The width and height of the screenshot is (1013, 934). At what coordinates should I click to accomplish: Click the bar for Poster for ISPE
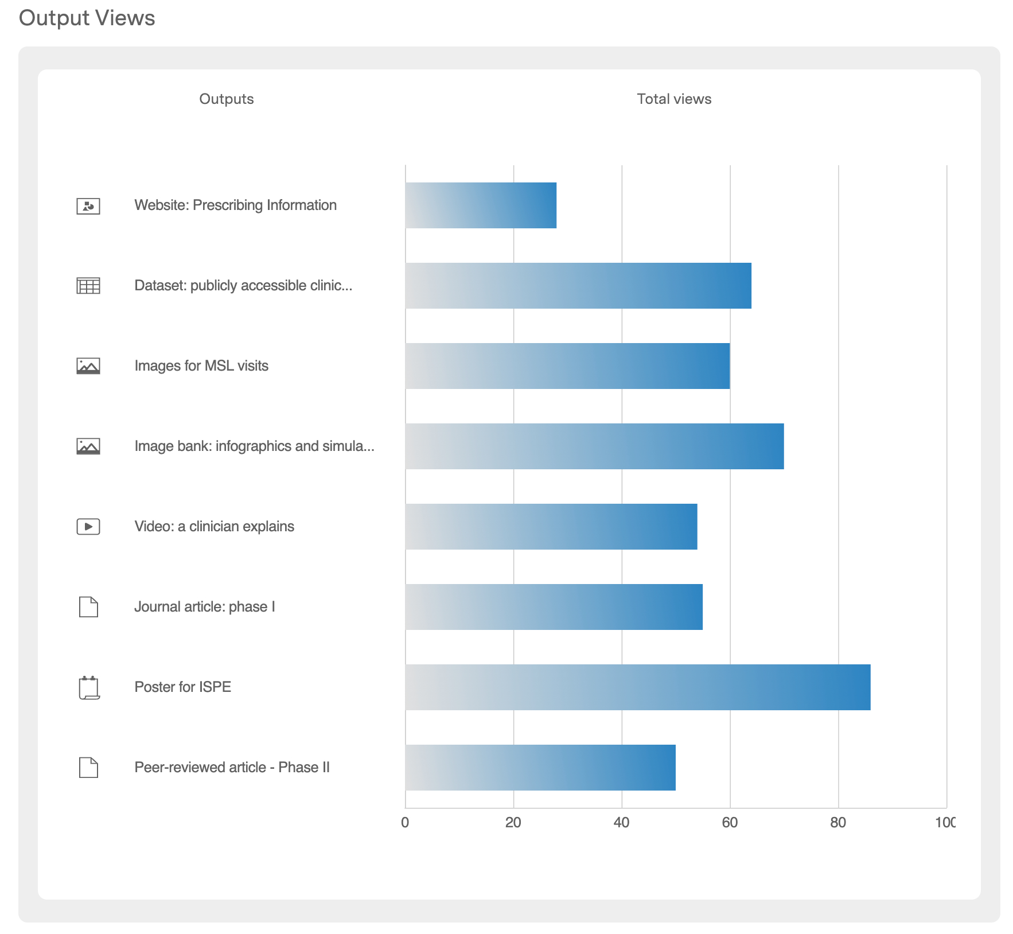click(637, 687)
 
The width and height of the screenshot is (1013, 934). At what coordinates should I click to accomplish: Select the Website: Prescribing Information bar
click(481, 205)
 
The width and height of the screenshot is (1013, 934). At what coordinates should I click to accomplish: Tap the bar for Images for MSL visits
click(567, 366)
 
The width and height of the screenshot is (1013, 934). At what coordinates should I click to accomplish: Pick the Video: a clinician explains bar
click(551, 527)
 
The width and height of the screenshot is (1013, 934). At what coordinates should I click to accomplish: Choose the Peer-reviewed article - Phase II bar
click(540, 768)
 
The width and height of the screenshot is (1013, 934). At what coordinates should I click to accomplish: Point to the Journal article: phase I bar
click(554, 607)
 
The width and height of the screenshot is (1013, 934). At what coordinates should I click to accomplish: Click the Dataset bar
click(578, 286)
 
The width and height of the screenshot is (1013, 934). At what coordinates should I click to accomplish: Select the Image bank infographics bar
click(594, 446)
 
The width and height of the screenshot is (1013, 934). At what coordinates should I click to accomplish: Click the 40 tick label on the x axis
click(621, 823)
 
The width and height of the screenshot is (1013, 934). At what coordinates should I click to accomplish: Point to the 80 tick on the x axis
click(838, 823)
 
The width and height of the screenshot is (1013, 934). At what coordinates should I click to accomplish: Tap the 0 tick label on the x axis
click(405, 823)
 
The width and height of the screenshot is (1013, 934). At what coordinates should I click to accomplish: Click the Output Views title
click(87, 18)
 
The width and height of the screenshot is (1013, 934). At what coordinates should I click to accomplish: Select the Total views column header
click(674, 99)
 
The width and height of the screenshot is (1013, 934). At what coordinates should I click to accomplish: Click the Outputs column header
click(226, 99)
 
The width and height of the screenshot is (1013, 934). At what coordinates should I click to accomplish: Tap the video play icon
click(88, 526)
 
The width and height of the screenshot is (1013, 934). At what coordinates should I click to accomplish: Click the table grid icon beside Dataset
click(88, 285)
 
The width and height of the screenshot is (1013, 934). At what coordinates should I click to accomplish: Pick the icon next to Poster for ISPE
click(89, 687)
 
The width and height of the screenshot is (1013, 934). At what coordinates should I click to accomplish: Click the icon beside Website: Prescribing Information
click(88, 206)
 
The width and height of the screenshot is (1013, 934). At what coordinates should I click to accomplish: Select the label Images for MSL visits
click(201, 366)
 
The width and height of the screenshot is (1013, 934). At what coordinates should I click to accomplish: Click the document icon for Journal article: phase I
click(88, 606)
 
